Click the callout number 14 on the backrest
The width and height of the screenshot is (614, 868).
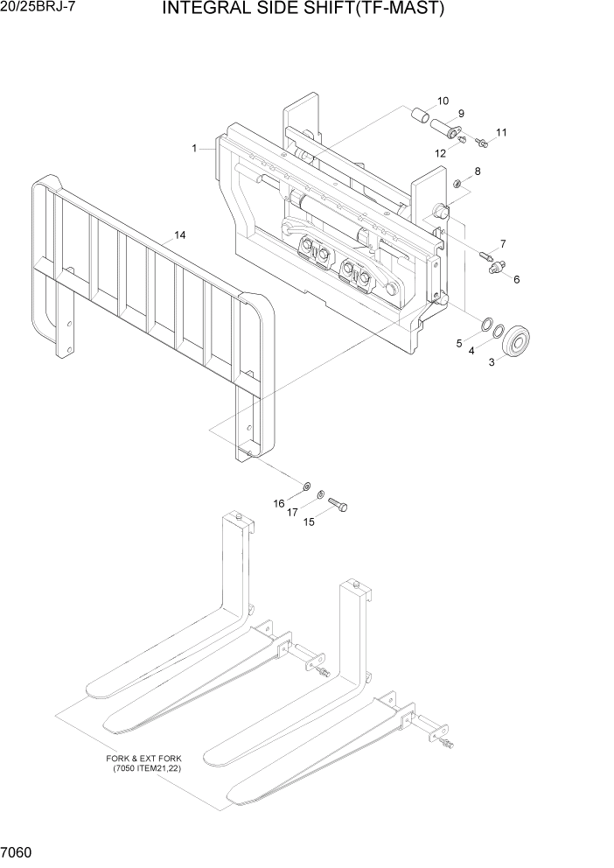[x=180, y=234]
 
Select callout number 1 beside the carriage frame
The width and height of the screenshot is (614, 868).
[x=194, y=149]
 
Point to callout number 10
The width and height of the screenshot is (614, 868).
[x=443, y=100]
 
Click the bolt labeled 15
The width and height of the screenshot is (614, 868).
[x=338, y=505]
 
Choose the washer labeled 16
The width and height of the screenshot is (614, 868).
[x=307, y=486]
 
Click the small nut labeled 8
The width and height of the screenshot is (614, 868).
[x=457, y=183]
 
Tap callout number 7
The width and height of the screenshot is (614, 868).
[x=503, y=243]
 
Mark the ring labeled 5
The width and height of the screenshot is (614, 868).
[x=482, y=325]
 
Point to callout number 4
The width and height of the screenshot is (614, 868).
[x=471, y=350]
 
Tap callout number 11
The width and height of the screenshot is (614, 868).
[x=501, y=133]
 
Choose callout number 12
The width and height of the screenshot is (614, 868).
[x=441, y=153]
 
